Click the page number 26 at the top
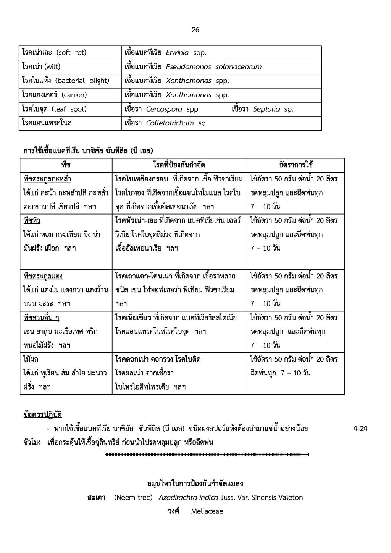[195, 30]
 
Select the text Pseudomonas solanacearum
[213, 67]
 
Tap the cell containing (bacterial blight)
[66, 81]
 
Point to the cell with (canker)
[55, 95]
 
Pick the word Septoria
[266, 109]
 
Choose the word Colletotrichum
[170, 123]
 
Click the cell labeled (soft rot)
[54, 53]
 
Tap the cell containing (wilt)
[41, 67]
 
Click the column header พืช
[66, 165]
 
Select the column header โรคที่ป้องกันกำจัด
[179, 165]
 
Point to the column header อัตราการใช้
[296, 165]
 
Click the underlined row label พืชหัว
[32, 221]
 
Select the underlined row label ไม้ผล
[31, 359]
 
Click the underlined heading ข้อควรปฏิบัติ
[42, 415]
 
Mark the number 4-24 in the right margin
[360, 428]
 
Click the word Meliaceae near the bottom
[207, 511]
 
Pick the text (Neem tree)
[133, 498]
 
